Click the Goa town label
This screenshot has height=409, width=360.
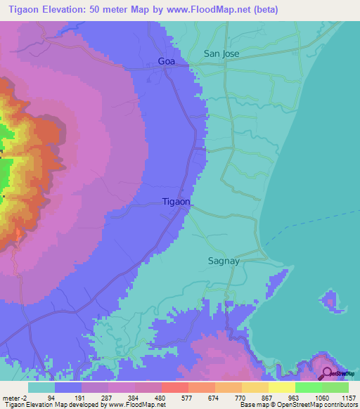click(166, 62)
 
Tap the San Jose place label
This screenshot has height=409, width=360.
click(222, 53)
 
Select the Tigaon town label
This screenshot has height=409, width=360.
click(176, 202)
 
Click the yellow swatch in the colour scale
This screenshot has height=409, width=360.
click(281, 387)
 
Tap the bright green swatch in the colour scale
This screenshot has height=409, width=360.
click(308, 387)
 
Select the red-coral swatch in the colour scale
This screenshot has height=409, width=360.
click(174, 387)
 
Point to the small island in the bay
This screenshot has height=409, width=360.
click(330, 300)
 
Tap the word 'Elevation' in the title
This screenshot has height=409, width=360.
click(69, 10)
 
